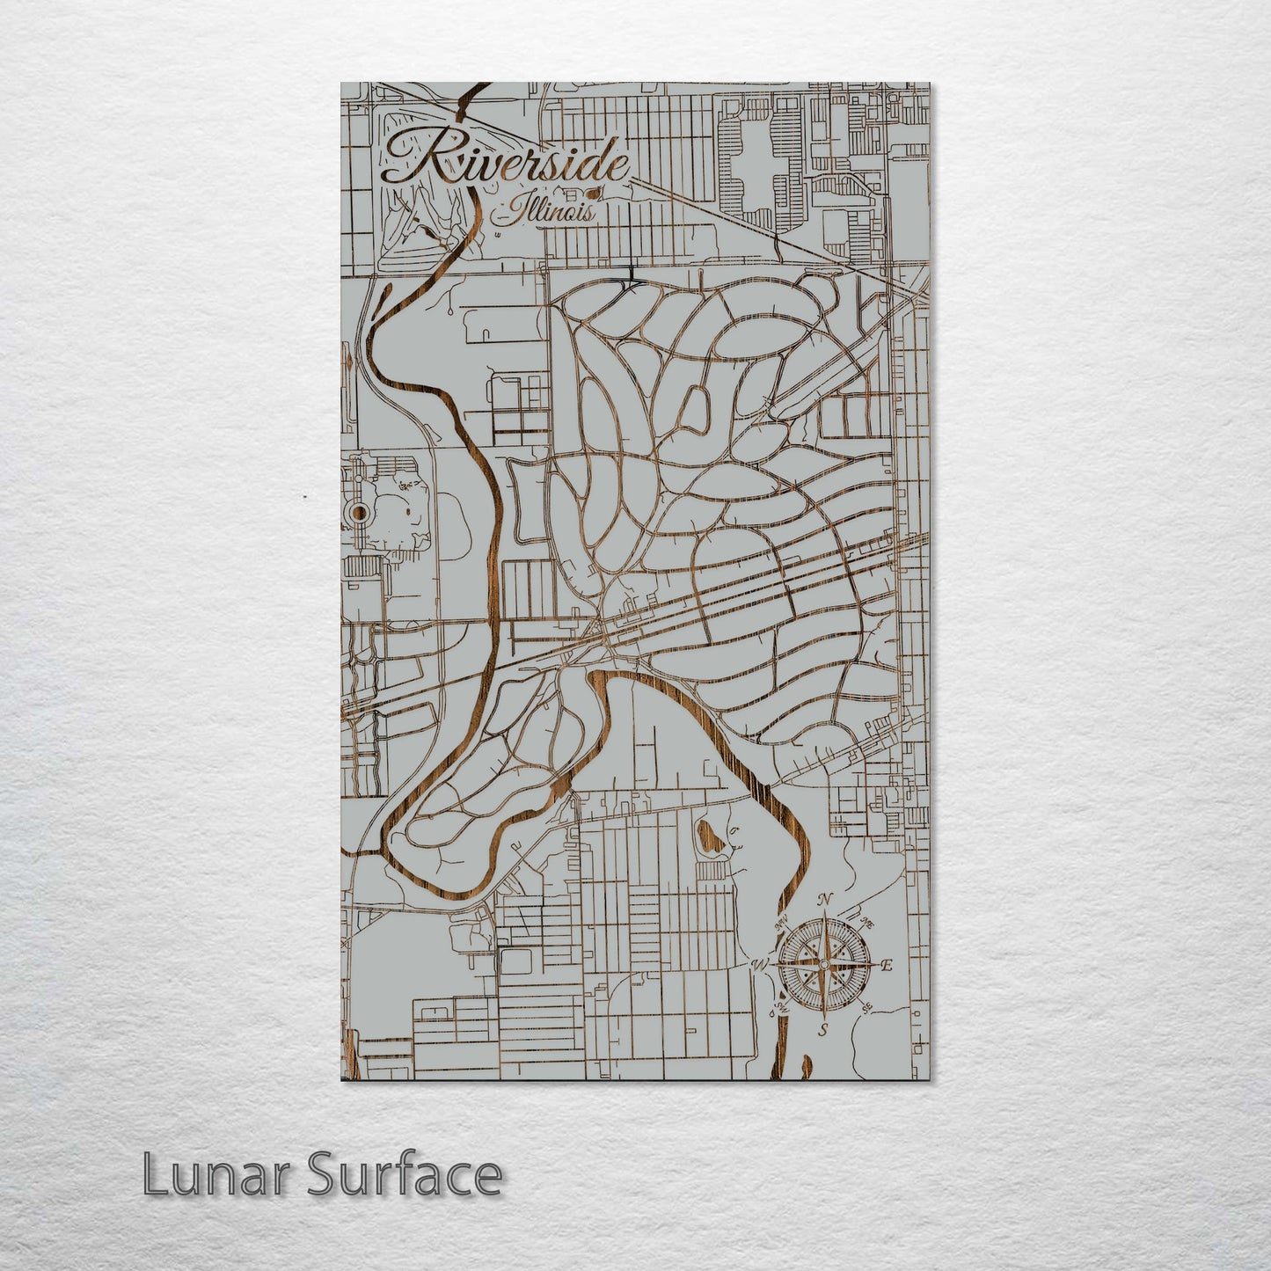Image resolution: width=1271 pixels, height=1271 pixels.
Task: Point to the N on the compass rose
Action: point(825,900)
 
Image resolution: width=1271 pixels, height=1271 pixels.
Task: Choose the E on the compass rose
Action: point(887,966)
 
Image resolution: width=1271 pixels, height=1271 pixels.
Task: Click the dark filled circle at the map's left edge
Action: point(359,513)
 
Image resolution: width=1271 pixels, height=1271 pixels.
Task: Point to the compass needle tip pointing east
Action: point(873,966)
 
